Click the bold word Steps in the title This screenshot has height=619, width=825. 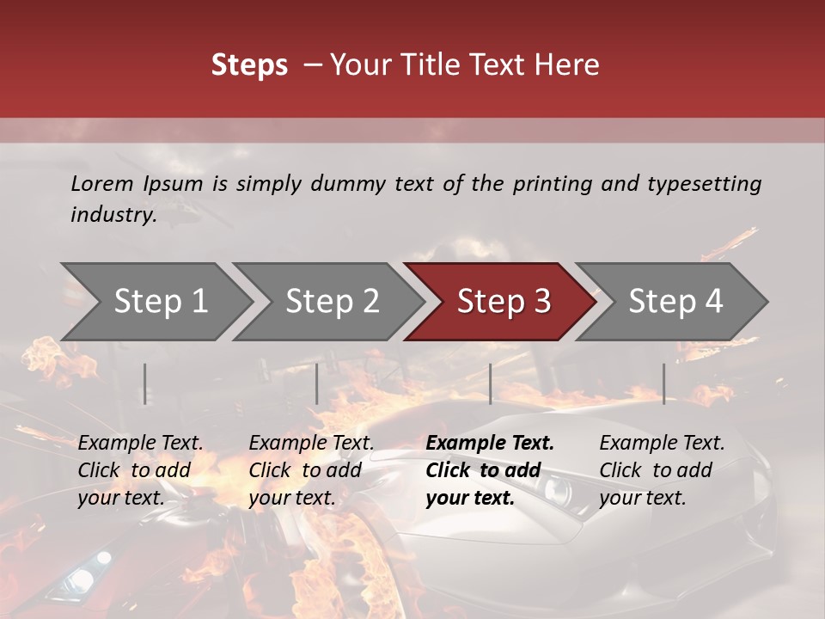click(x=249, y=65)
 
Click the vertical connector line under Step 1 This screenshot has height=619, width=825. click(x=145, y=383)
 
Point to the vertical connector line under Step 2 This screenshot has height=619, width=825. click(x=317, y=383)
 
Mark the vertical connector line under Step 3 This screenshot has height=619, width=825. click(x=490, y=383)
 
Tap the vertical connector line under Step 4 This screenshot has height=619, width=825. click(x=663, y=383)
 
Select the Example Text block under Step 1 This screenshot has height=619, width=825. click(x=140, y=470)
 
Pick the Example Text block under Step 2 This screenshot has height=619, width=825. click(x=311, y=470)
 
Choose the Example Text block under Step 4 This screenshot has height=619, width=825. click(x=662, y=470)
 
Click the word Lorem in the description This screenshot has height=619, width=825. click(x=101, y=184)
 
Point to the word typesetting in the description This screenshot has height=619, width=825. click(x=705, y=184)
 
